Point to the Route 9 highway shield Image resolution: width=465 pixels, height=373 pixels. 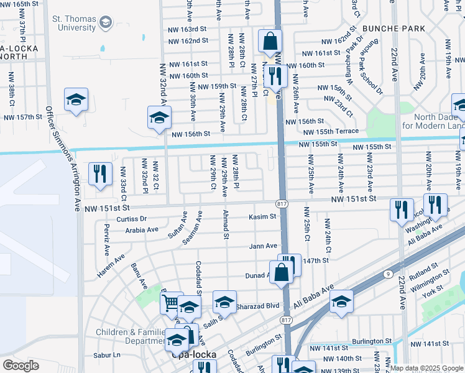pos(388,274)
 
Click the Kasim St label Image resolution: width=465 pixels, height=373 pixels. pos(262,216)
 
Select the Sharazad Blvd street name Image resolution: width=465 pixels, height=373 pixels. pos(259,305)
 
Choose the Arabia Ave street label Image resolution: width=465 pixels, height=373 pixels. pos(141,229)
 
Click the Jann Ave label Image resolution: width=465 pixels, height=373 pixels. pos(263,246)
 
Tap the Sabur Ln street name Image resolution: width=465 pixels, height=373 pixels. pos(106,355)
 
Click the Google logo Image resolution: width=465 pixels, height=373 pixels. pos(21,366)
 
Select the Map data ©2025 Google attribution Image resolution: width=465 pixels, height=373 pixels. pos(426,368)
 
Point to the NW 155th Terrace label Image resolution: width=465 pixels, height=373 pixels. pos(331,131)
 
